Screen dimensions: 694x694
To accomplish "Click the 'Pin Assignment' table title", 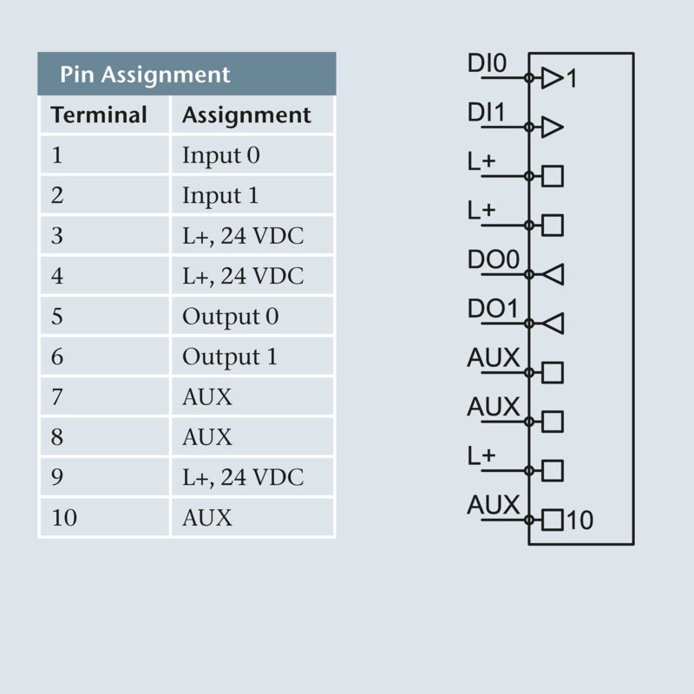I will click(145, 75).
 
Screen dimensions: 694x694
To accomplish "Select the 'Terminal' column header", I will click(99, 115).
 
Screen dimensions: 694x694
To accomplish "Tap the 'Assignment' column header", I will click(246, 115).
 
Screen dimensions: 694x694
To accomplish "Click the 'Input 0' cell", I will click(220, 156).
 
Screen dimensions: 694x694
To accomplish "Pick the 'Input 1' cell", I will click(220, 196).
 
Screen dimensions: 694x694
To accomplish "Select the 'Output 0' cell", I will click(230, 317).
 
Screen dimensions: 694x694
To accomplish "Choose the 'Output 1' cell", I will click(230, 357).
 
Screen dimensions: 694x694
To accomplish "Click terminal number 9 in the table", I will click(57, 477).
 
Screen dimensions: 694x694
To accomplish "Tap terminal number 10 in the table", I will click(64, 518).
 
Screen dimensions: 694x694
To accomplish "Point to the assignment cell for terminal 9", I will click(243, 477).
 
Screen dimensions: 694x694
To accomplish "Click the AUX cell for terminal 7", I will click(207, 397).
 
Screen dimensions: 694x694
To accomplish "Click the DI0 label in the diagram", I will click(486, 65).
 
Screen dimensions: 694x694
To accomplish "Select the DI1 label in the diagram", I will click(486, 114).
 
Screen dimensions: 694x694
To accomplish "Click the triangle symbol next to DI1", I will click(553, 128).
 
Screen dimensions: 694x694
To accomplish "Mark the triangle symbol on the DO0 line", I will click(553, 275).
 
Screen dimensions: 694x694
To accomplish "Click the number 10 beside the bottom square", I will click(580, 520).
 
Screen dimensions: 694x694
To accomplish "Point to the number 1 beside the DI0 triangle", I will click(571, 80).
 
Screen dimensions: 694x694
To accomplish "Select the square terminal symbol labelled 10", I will click(553, 520).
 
